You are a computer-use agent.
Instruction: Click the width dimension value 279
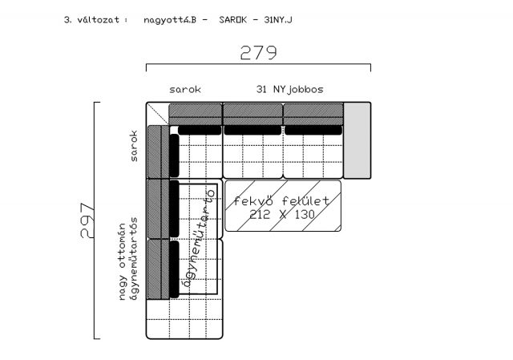click(x=258, y=52)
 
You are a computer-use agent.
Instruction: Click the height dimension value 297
click(x=87, y=220)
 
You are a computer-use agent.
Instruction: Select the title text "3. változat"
click(x=91, y=20)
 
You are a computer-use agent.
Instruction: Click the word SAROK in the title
click(x=232, y=20)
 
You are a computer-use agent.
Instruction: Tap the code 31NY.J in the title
click(x=278, y=20)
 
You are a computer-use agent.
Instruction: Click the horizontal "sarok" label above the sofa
click(x=185, y=89)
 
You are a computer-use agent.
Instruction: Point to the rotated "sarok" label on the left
click(x=134, y=146)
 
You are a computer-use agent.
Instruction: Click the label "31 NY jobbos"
click(x=290, y=89)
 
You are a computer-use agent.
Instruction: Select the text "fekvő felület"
click(x=281, y=200)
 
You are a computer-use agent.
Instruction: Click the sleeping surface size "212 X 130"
click(x=282, y=215)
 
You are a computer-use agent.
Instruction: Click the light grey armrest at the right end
click(x=357, y=140)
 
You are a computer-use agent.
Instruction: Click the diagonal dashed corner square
click(x=157, y=114)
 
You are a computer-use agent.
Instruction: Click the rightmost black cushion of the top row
click(x=313, y=130)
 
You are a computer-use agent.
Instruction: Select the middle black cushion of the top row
click(x=252, y=130)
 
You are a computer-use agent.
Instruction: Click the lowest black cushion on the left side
click(x=175, y=269)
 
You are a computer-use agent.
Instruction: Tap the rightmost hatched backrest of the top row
click(x=313, y=114)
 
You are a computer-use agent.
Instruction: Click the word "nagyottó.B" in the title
click(x=170, y=20)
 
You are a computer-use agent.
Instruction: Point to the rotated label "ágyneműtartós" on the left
click(x=134, y=259)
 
